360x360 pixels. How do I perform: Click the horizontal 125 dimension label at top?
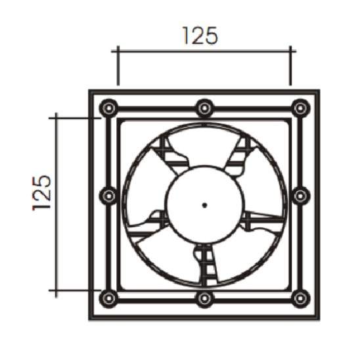coord(200,36)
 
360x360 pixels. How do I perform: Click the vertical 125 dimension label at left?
coord(41,193)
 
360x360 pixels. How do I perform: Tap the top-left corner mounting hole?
coord(108,108)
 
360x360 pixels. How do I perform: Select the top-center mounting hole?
coord(204,108)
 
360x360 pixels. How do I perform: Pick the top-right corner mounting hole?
coord(300,108)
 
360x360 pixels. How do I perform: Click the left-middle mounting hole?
coord(108,196)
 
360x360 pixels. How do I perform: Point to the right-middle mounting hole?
coord(300,196)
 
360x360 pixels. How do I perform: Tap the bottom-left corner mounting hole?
coord(108,298)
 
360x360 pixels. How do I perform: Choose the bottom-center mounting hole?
coord(204,298)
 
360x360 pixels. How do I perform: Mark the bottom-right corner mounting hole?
coord(300,298)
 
